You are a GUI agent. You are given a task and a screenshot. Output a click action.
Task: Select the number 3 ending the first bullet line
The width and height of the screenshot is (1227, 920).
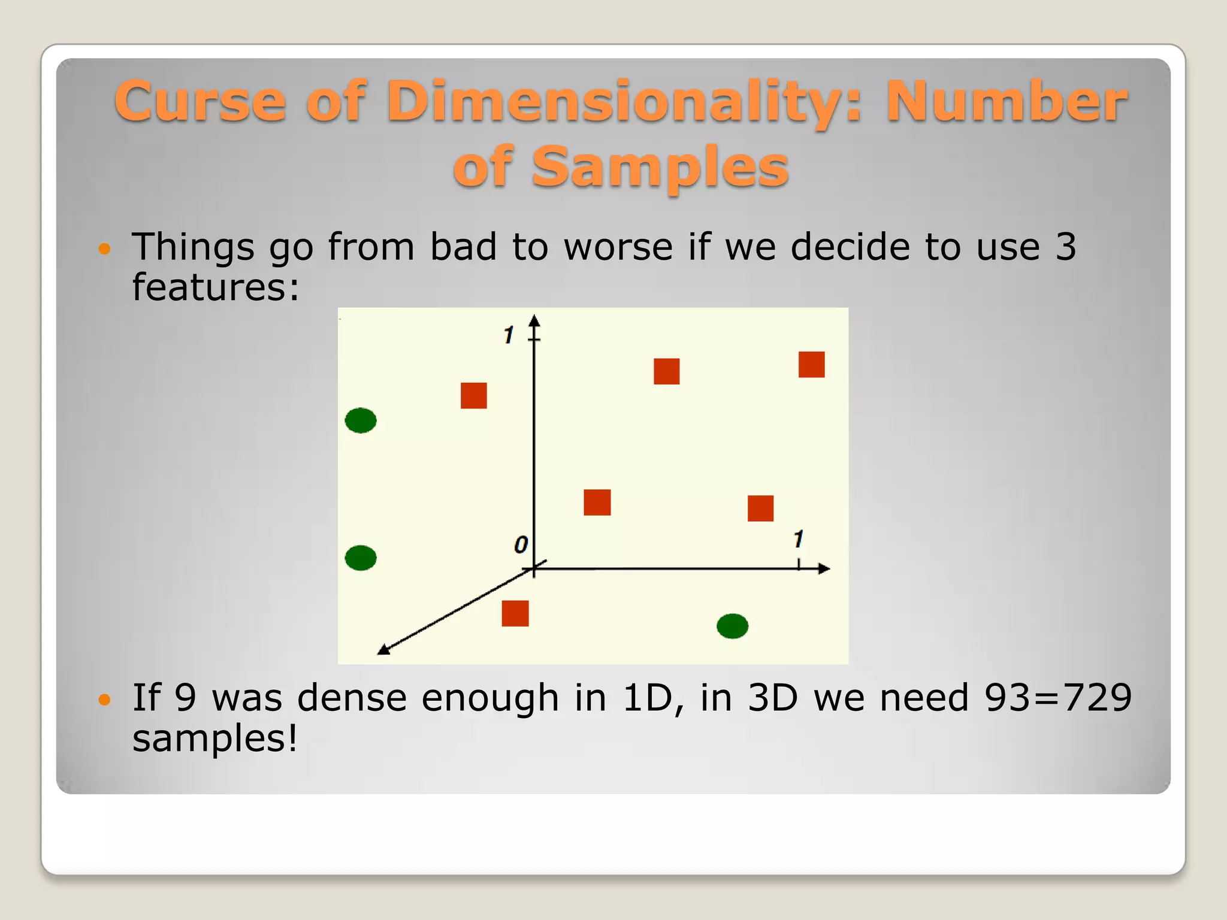pyautogui.click(x=1066, y=246)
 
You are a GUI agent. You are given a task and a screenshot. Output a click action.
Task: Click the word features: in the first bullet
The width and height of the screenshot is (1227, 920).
pyautogui.click(x=215, y=287)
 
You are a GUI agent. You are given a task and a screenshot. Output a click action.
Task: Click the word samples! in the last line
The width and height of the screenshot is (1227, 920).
pyautogui.click(x=215, y=738)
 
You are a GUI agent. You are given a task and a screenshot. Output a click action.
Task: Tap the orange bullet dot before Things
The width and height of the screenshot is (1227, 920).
pyautogui.click(x=105, y=249)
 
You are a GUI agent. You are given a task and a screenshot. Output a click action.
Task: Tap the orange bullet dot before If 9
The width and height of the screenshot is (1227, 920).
pyautogui.click(x=105, y=699)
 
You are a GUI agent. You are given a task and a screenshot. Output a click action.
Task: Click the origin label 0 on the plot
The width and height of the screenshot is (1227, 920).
pyautogui.click(x=521, y=545)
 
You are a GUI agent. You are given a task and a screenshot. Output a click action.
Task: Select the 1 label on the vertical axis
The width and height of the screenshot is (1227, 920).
pyautogui.click(x=509, y=335)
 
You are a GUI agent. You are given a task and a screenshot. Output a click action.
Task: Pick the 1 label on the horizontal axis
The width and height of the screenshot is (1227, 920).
pyautogui.click(x=798, y=539)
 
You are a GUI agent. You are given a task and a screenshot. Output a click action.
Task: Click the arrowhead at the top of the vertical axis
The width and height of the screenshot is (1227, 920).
pyautogui.click(x=534, y=320)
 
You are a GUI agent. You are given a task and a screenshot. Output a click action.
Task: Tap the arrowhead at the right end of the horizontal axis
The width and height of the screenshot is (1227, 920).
pyautogui.click(x=824, y=568)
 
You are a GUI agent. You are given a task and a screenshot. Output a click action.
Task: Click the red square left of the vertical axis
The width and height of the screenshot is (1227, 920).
pyautogui.click(x=473, y=395)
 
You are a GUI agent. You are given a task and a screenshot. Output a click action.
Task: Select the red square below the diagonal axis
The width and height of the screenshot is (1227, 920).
pyautogui.click(x=515, y=613)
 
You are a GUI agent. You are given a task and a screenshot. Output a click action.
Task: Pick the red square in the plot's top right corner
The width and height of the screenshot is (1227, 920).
pyautogui.click(x=811, y=364)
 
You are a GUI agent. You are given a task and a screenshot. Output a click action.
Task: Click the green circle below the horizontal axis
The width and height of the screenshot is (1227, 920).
pyautogui.click(x=732, y=626)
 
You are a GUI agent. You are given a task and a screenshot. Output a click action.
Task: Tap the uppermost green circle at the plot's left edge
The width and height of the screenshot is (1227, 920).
pyautogui.click(x=361, y=420)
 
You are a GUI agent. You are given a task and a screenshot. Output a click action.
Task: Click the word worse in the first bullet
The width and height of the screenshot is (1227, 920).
pyautogui.click(x=618, y=246)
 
